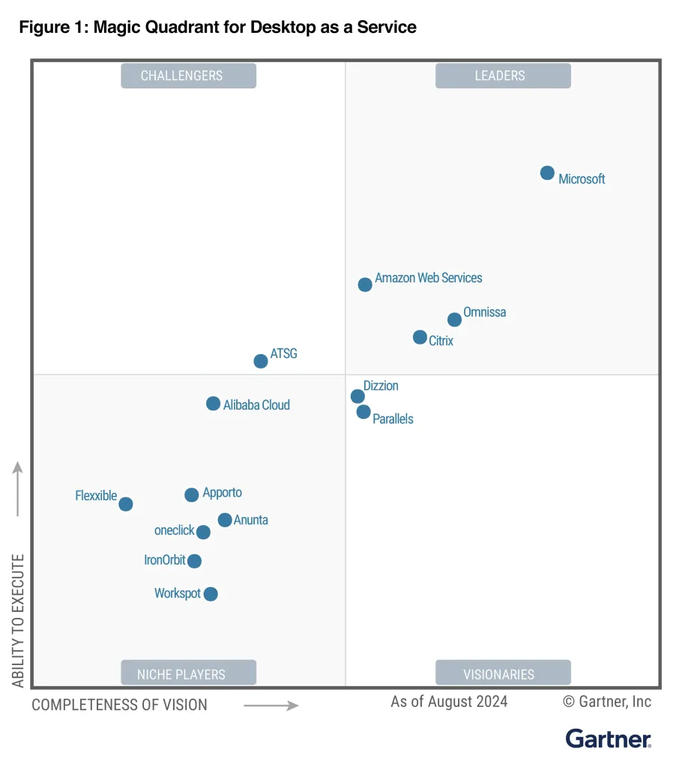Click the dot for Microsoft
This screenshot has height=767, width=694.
(x=547, y=173)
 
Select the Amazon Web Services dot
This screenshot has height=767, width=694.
(x=365, y=285)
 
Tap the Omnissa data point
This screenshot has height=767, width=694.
(x=454, y=320)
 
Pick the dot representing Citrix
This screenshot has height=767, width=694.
(x=420, y=337)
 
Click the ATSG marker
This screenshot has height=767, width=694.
(x=261, y=361)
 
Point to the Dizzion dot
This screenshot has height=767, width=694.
(x=357, y=396)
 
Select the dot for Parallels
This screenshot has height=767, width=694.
(x=363, y=412)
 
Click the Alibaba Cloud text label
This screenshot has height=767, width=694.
(x=256, y=405)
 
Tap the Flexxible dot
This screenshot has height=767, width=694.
(x=126, y=504)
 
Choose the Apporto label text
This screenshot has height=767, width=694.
(x=222, y=493)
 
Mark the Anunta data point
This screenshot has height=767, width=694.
(x=225, y=520)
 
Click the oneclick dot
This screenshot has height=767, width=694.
(x=203, y=532)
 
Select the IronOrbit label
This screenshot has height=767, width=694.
(x=164, y=560)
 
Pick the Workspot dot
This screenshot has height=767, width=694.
(x=211, y=594)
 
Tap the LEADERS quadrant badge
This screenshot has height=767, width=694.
(x=503, y=76)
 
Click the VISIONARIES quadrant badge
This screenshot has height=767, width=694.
(x=503, y=673)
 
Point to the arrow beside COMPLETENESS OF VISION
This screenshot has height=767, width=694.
(x=271, y=705)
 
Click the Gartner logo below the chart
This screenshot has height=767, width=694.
(x=608, y=739)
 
